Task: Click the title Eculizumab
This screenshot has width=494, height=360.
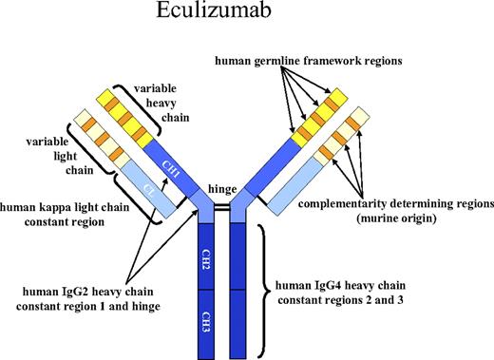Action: [x=246, y=18]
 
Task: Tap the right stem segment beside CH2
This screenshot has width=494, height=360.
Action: [x=240, y=260]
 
